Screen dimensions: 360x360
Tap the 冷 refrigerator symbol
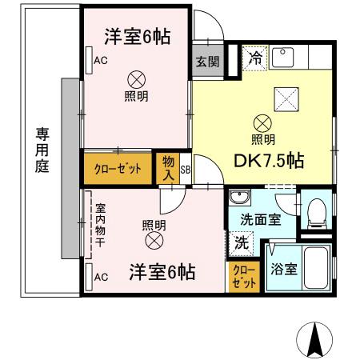tap(254, 58)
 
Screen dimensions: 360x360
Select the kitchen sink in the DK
tap(284, 57)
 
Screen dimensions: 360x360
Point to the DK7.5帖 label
tap(268, 160)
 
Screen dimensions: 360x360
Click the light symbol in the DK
tap(262, 123)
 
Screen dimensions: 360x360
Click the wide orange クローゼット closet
tap(118, 168)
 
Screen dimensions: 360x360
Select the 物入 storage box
tap(168, 168)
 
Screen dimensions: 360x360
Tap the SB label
tap(185, 169)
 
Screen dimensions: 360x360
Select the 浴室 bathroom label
tap(284, 270)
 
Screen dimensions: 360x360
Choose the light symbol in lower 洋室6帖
tap(153, 239)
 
